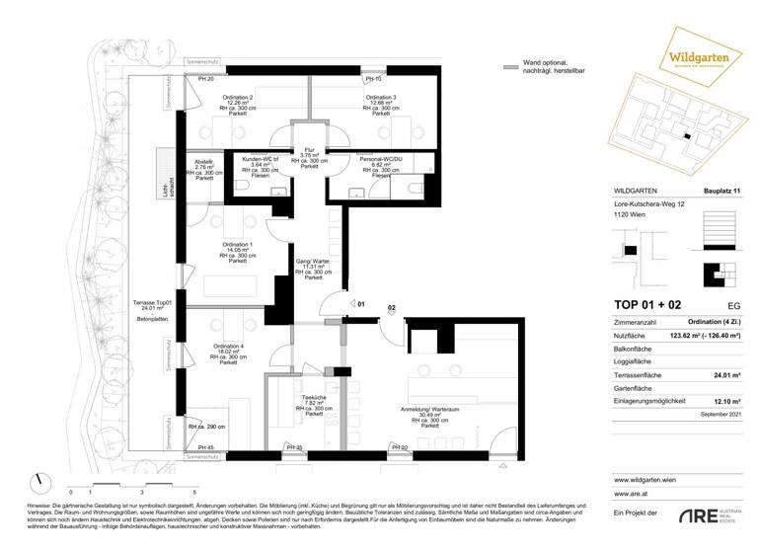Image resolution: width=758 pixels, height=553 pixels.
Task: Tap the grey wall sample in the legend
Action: (510, 67)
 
